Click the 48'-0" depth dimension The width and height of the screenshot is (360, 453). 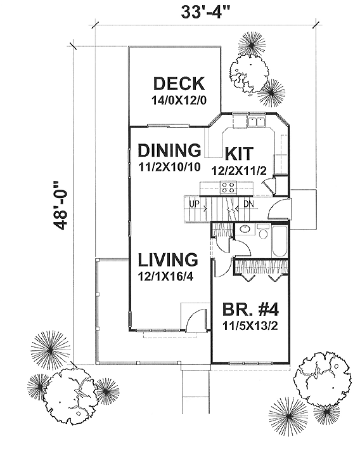(x=60, y=206)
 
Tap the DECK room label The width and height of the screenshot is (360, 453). (x=179, y=84)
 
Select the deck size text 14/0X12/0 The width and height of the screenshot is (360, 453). (x=179, y=100)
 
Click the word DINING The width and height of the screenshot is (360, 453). (x=169, y=150)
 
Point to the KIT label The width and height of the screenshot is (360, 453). (x=240, y=154)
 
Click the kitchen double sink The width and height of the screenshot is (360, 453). (x=257, y=122)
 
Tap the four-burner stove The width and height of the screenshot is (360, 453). (x=229, y=187)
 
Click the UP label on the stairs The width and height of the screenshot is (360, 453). (x=194, y=204)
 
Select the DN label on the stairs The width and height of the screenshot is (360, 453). (x=248, y=204)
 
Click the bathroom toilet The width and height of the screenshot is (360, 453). (x=263, y=231)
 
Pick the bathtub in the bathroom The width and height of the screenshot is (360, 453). (x=279, y=242)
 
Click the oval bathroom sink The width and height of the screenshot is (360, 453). (x=245, y=229)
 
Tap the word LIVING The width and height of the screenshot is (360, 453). (x=168, y=259)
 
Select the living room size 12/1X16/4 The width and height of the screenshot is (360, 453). (x=165, y=277)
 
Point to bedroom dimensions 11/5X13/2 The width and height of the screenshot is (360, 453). (x=250, y=326)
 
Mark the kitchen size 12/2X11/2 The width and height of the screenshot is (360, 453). (x=239, y=171)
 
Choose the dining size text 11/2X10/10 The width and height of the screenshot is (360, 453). (x=169, y=167)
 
